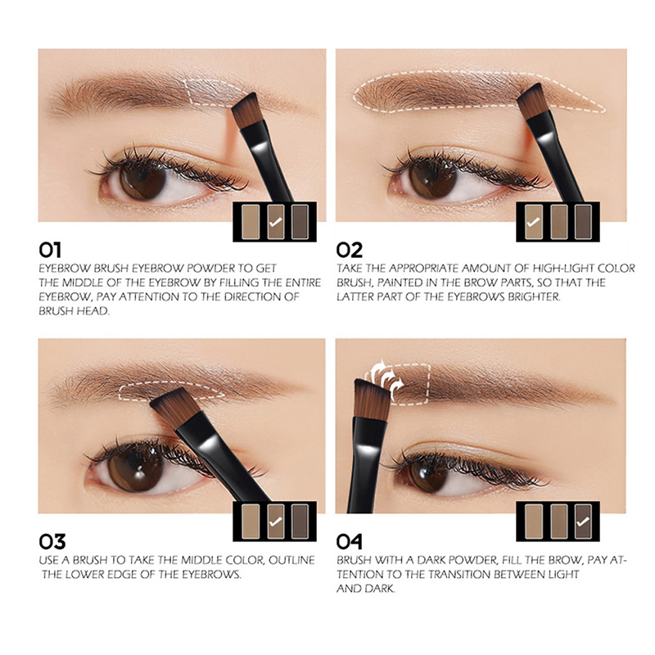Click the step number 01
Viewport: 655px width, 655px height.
click(x=50, y=250)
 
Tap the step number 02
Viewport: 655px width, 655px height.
click(x=350, y=250)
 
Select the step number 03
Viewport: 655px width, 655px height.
click(x=52, y=541)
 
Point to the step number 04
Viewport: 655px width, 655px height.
click(x=350, y=541)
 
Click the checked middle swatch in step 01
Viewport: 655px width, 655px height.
click(x=276, y=222)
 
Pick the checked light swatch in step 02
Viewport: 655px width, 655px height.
click(x=534, y=222)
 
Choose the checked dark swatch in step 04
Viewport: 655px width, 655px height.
click(x=583, y=522)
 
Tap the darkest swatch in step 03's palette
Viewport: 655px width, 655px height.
click(x=300, y=522)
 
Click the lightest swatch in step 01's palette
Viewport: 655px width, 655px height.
click(x=251, y=222)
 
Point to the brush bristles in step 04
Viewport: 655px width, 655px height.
click(x=372, y=398)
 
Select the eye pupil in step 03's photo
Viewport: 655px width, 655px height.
click(x=134, y=467)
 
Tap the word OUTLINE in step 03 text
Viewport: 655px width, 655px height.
click(x=291, y=560)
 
